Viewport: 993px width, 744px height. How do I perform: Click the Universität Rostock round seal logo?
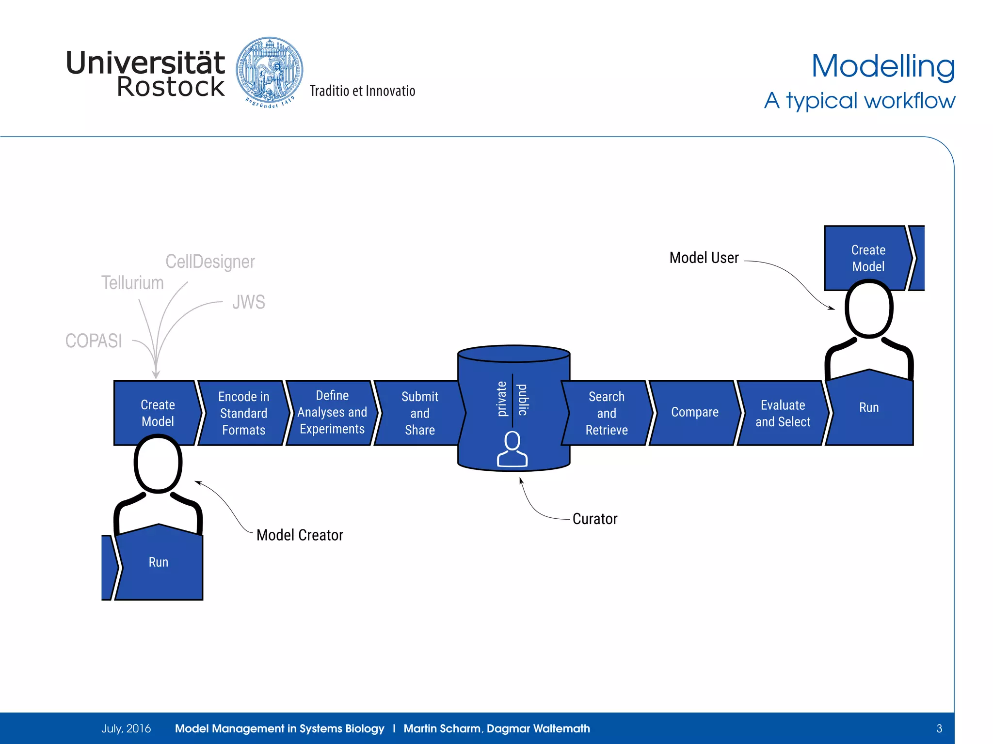click(x=270, y=72)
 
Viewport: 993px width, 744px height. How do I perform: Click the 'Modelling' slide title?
click(x=882, y=66)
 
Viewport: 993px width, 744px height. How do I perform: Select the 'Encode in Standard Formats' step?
click(x=243, y=413)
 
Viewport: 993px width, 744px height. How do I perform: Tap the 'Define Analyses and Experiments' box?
click(x=332, y=412)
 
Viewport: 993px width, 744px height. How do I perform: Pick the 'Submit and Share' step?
click(x=419, y=413)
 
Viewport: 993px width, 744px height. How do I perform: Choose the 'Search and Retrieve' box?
click(x=606, y=413)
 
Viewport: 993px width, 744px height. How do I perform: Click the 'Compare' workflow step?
click(x=694, y=412)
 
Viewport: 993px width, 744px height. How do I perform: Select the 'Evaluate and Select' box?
click(x=783, y=413)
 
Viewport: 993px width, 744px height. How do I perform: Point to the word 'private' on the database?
click(x=502, y=399)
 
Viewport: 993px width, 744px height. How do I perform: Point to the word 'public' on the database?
click(x=523, y=400)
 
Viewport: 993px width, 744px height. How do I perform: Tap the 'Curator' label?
click(x=594, y=519)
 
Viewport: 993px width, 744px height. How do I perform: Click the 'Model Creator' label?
click(x=300, y=535)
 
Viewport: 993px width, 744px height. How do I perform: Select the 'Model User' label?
click(x=704, y=258)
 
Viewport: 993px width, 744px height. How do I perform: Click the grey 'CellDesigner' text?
click(x=210, y=262)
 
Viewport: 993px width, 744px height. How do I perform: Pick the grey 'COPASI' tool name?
click(x=94, y=341)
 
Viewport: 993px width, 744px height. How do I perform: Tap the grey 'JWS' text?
click(x=248, y=302)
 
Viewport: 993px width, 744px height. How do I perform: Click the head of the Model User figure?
click(x=868, y=309)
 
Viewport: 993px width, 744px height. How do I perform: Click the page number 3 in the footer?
click(x=939, y=728)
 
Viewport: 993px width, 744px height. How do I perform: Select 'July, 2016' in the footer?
click(x=126, y=728)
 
